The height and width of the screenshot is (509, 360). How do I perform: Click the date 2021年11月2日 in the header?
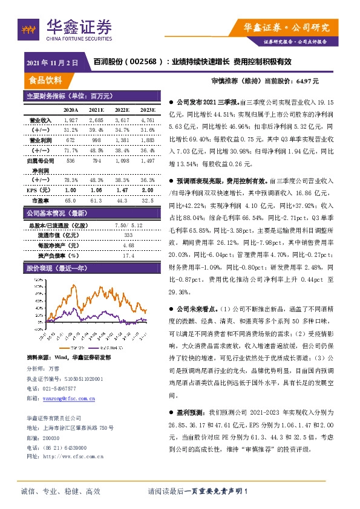53,63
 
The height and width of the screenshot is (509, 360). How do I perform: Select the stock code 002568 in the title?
143,62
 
